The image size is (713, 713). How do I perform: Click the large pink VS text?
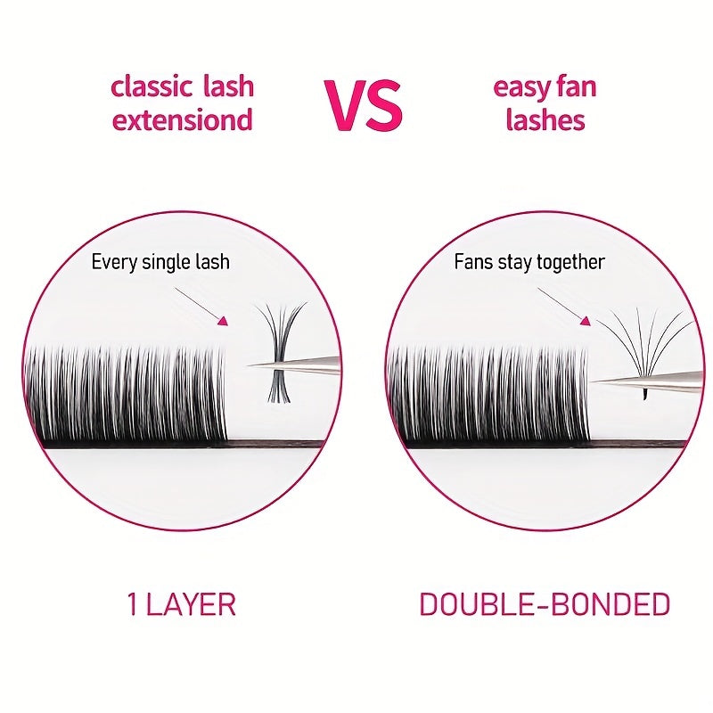[363, 104]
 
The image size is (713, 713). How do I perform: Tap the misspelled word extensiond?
[182, 119]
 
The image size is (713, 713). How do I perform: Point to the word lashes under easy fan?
[545, 119]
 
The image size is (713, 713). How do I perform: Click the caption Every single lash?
[160, 261]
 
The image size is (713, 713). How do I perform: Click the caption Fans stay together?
[529, 261]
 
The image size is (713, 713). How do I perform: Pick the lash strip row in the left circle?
[125, 397]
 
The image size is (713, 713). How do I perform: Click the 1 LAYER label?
[181, 604]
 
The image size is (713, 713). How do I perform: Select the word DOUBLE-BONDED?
[544, 604]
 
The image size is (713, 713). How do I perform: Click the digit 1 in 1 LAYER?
[133, 604]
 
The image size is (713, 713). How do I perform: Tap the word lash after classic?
[226, 86]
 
